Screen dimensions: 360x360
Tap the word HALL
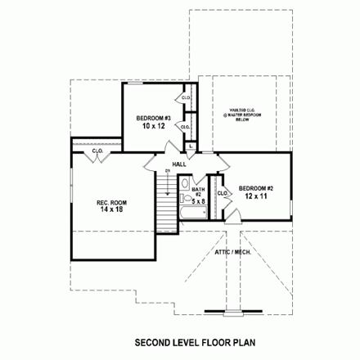point(179,164)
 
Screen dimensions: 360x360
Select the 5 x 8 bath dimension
point(200,202)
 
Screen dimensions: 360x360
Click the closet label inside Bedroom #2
point(222,193)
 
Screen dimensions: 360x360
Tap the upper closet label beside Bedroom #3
point(187,98)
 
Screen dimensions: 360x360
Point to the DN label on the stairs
point(167,171)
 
